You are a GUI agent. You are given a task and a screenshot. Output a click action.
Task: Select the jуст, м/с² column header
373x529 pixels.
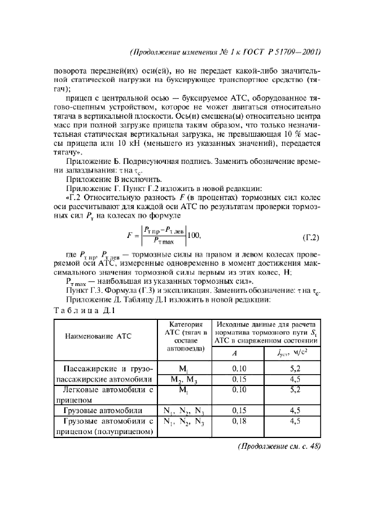(292, 353)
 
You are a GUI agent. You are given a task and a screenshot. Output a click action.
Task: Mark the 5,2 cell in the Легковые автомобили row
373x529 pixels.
(292, 389)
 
